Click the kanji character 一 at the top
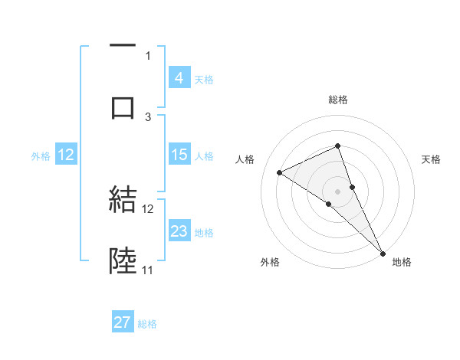tap(123, 47)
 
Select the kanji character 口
tap(123, 108)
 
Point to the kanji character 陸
tap(123, 261)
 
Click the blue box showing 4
tap(179, 78)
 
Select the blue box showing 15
tap(179, 155)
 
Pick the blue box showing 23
tap(179, 231)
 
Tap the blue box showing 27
tap(123, 323)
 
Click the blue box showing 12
tap(66, 155)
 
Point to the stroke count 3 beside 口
tap(148, 116)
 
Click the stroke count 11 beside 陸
tap(147, 270)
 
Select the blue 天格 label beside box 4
tap(204, 79)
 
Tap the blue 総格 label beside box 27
tap(147, 324)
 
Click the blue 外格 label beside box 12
tap(41, 155)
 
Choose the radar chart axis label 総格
tap(338, 100)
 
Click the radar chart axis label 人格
tap(245, 159)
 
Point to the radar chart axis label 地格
tap(402, 262)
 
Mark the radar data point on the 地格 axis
tap(383, 252)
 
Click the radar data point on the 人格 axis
tap(280, 172)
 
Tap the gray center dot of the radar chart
tap(338, 191)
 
